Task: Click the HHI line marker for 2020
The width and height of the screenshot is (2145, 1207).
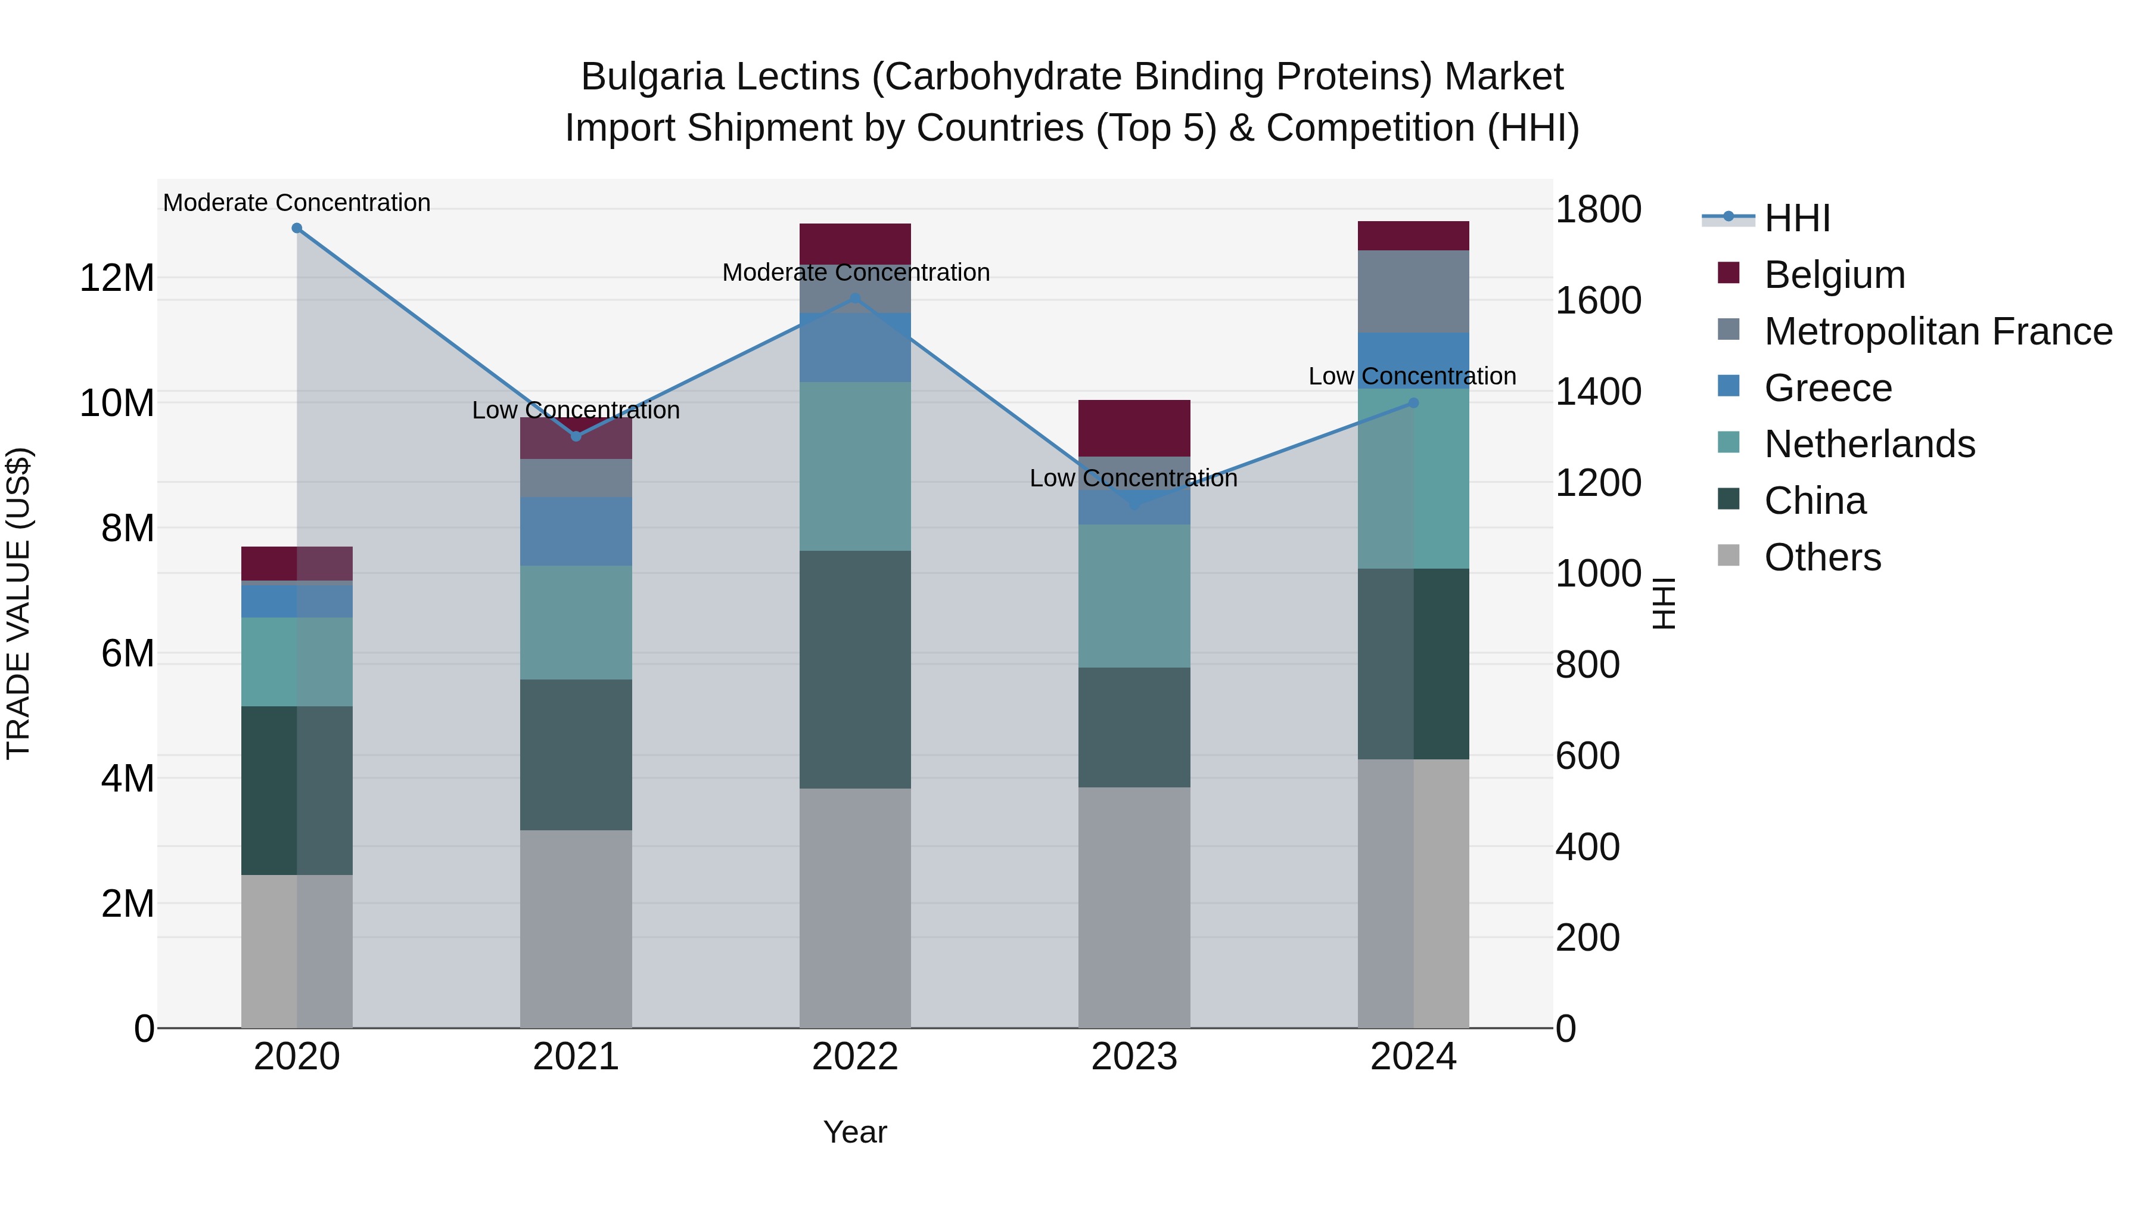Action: click(x=297, y=228)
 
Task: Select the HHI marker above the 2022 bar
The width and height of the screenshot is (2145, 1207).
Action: click(x=855, y=298)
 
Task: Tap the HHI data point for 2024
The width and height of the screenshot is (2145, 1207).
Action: click(x=1413, y=403)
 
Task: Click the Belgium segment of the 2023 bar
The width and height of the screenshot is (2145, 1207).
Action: click(x=1134, y=428)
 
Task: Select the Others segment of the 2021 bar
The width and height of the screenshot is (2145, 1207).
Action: click(x=576, y=928)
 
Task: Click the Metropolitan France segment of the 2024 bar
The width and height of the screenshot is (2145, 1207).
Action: click(x=1413, y=291)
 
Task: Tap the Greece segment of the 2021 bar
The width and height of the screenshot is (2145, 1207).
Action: click(x=576, y=532)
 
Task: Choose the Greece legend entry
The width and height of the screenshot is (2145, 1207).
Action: click(x=1828, y=388)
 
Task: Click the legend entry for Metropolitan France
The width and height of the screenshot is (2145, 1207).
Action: click(x=1938, y=331)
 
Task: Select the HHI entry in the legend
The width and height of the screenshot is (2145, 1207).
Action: click(x=1797, y=218)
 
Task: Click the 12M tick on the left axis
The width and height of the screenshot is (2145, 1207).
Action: click(x=117, y=277)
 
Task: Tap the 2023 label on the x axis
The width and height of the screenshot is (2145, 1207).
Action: click(x=1134, y=1057)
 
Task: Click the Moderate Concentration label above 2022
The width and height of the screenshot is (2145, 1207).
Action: click(x=855, y=272)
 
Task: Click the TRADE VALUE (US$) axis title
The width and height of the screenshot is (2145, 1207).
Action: click(x=18, y=603)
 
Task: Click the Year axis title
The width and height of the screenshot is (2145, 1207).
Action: click(x=855, y=1132)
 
